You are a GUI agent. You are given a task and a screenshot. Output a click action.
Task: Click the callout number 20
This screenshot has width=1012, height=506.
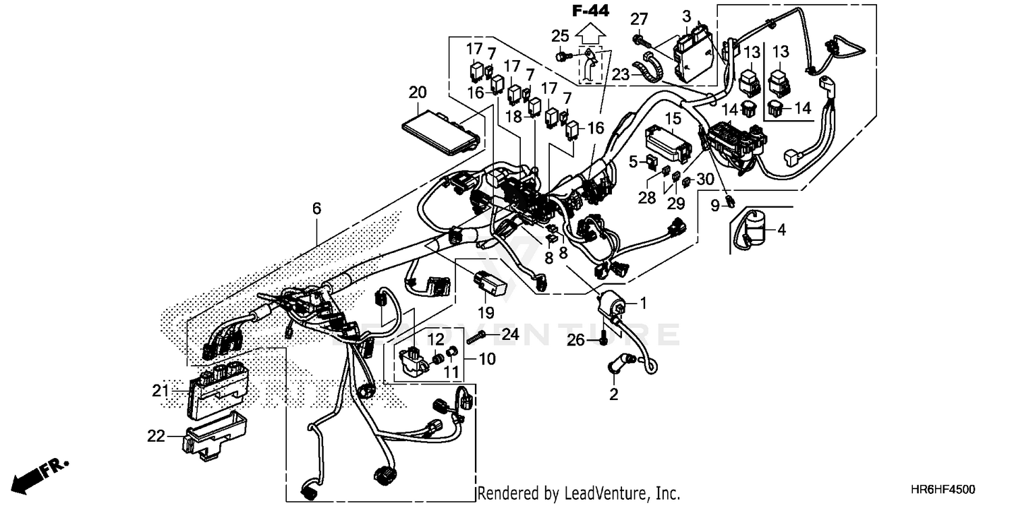point(418,92)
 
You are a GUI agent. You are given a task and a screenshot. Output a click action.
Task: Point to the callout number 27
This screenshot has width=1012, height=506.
point(639,19)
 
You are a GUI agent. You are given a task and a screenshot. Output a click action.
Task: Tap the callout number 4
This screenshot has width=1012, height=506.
point(781,230)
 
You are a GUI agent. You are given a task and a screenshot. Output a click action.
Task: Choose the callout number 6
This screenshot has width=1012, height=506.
point(316,209)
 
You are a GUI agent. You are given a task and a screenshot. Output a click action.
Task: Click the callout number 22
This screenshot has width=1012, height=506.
point(156,437)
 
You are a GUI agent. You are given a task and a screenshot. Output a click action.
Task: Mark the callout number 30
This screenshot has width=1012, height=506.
point(704,179)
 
